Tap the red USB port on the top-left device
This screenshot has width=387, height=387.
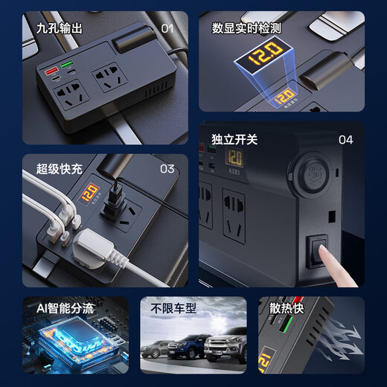(53, 74)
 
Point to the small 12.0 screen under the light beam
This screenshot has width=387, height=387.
(284, 96)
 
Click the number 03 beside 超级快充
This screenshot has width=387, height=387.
(167, 169)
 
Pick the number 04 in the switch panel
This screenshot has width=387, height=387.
(346, 139)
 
